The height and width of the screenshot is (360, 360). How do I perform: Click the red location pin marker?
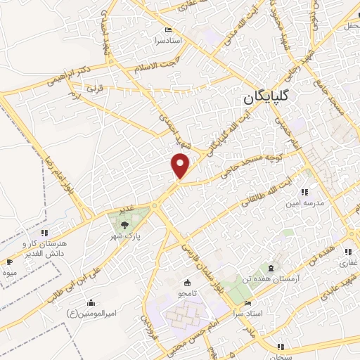[x=181, y=165]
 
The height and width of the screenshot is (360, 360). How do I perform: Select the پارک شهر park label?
[x=129, y=238]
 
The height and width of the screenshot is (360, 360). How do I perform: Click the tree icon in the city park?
[x=124, y=225]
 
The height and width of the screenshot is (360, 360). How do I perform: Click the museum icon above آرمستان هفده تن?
[x=270, y=267]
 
